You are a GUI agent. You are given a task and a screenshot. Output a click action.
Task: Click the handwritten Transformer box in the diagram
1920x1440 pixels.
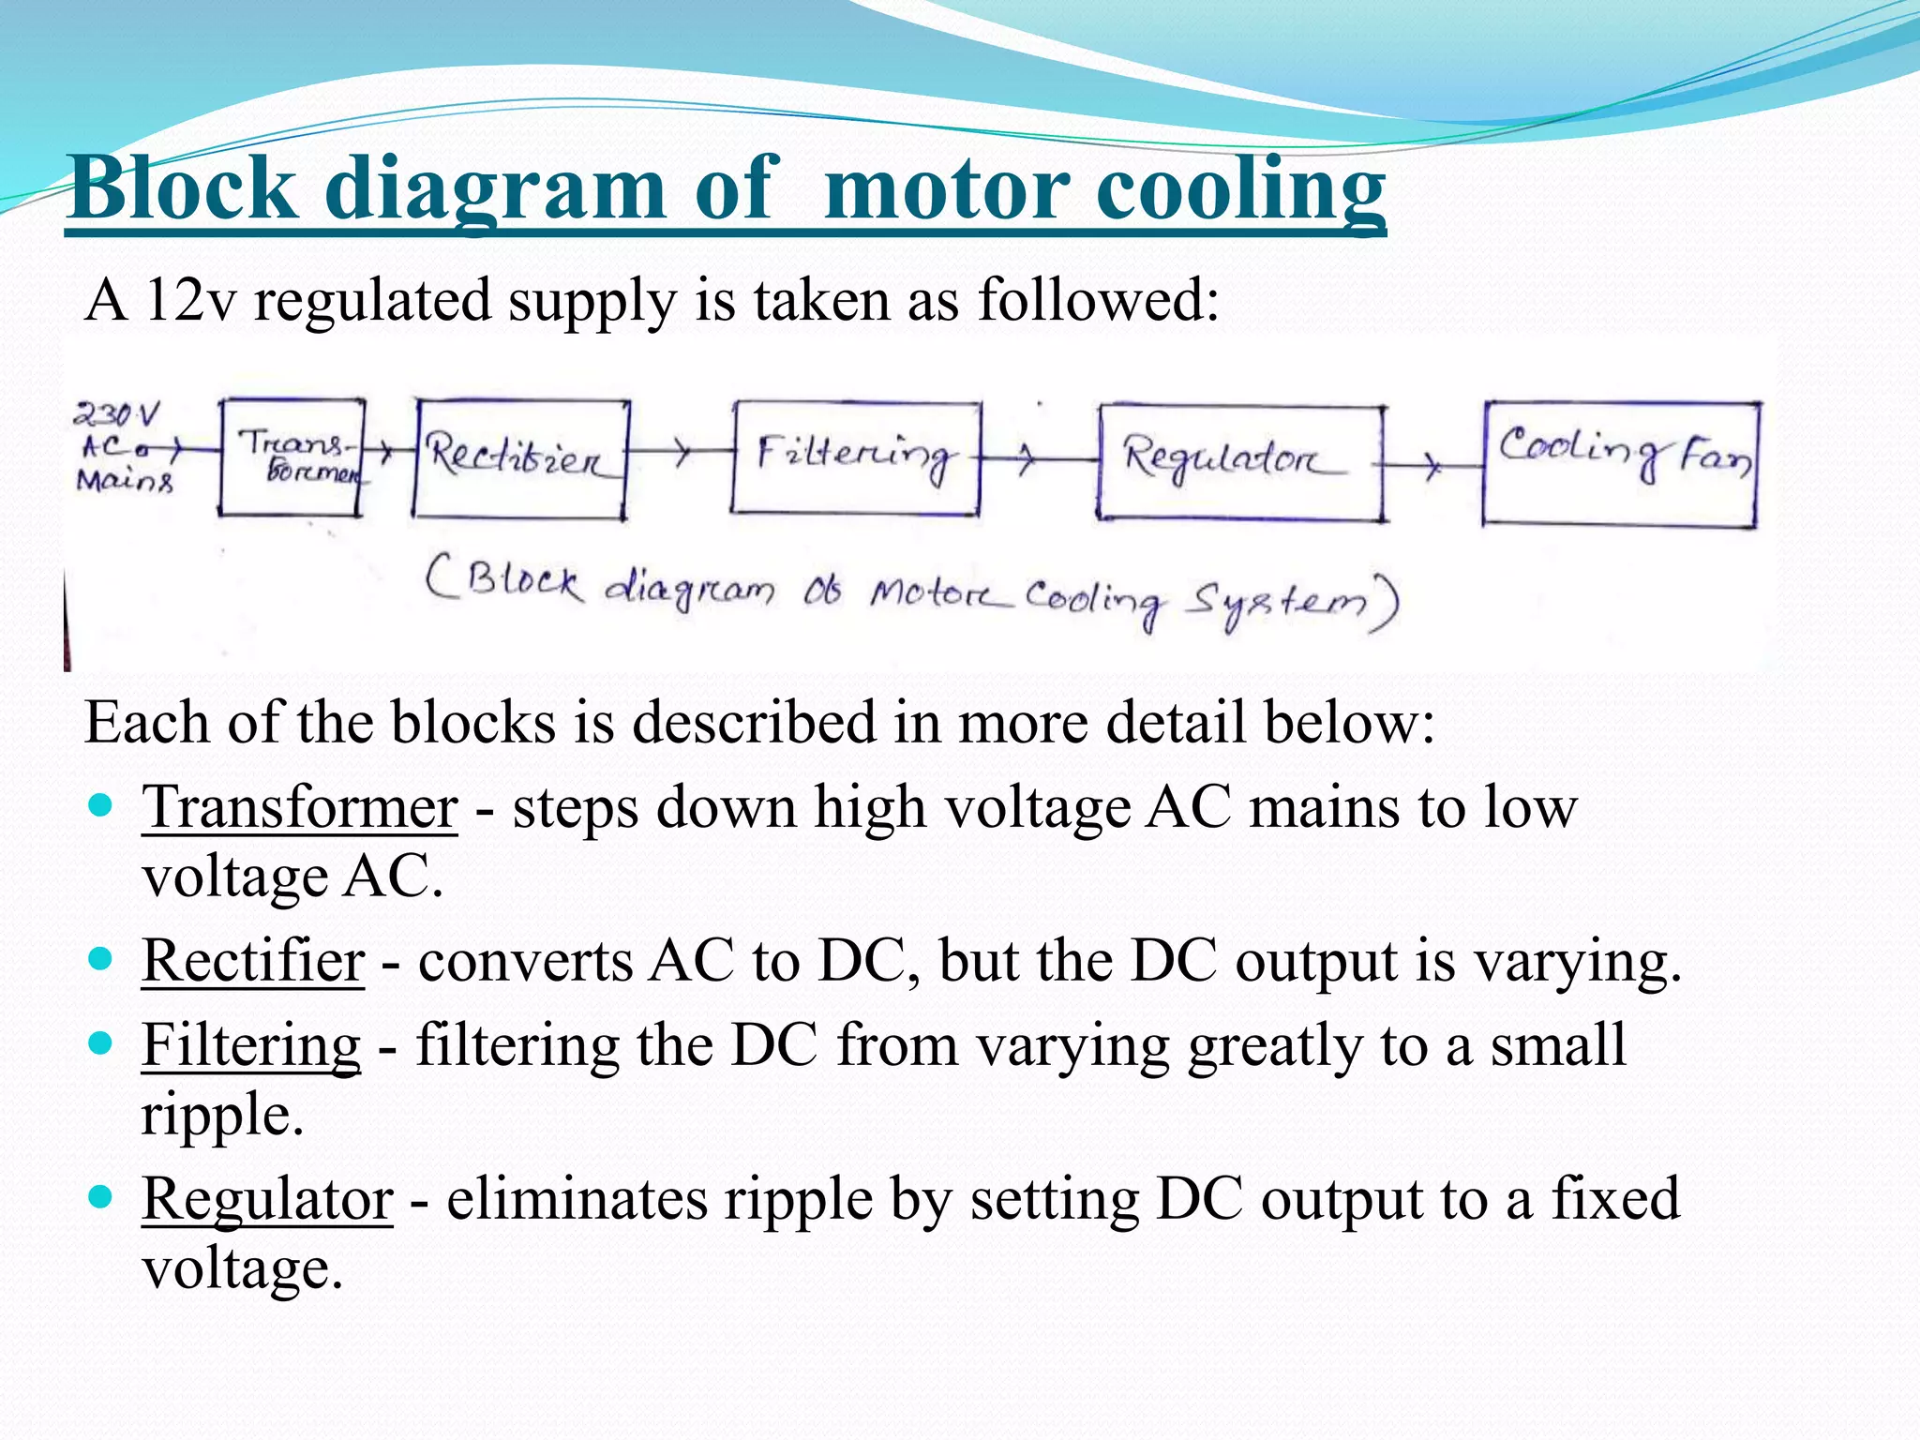click(292, 457)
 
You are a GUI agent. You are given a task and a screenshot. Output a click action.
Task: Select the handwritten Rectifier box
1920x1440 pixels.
click(520, 458)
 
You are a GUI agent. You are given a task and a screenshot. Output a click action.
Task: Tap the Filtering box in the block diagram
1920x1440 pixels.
click(855, 457)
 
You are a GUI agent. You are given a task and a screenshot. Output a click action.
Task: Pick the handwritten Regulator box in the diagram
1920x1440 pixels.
click(1239, 462)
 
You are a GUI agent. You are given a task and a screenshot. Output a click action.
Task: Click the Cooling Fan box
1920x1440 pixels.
click(1620, 463)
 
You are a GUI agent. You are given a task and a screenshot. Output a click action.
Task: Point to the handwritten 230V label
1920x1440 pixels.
click(117, 413)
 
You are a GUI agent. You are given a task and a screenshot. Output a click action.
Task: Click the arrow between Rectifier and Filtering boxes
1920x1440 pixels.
click(681, 453)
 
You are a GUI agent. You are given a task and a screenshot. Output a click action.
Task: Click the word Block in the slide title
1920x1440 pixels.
click(183, 188)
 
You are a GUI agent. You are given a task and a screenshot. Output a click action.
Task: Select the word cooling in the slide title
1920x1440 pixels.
click(1239, 188)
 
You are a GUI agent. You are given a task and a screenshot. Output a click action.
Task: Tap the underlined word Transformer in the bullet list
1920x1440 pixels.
click(300, 807)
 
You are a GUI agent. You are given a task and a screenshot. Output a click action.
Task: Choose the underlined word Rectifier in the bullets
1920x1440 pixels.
click(253, 962)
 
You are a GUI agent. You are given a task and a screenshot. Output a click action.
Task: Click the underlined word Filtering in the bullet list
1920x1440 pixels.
click(251, 1045)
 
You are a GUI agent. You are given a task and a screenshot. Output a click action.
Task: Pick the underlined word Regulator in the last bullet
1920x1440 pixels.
click(267, 1199)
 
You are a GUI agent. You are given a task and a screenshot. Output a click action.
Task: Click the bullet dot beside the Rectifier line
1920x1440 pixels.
click(99, 959)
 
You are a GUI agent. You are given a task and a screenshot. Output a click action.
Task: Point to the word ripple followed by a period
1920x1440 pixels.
click(222, 1115)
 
